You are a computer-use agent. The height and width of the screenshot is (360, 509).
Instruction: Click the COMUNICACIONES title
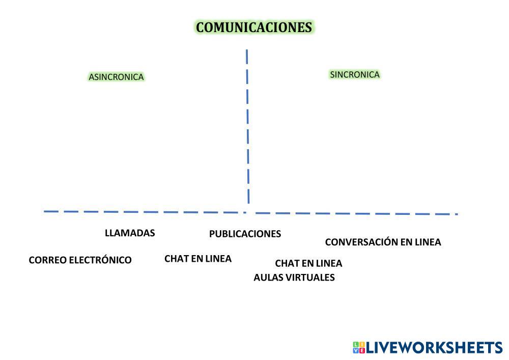[x=254, y=27]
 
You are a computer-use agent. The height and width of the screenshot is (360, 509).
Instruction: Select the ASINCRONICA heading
[x=116, y=77]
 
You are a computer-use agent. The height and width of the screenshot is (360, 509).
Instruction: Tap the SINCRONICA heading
[x=355, y=74]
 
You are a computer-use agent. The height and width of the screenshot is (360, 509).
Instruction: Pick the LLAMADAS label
[x=130, y=233]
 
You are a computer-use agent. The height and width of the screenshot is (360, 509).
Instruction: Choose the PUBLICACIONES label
[x=245, y=234]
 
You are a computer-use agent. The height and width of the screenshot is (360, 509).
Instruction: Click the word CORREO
[x=47, y=260]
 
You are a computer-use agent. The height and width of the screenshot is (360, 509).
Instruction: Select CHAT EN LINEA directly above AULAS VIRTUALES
[x=308, y=263]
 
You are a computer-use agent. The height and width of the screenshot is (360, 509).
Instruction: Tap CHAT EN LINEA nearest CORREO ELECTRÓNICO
[x=197, y=259]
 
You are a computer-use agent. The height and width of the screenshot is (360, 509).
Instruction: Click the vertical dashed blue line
[x=247, y=127]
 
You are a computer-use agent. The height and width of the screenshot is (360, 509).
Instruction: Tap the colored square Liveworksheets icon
[x=359, y=348]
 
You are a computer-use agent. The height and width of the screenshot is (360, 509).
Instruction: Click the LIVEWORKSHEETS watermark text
[x=434, y=348]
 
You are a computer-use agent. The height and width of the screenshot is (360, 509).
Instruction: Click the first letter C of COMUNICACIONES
[x=201, y=27]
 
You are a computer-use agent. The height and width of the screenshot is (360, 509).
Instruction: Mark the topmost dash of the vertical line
[x=247, y=56]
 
